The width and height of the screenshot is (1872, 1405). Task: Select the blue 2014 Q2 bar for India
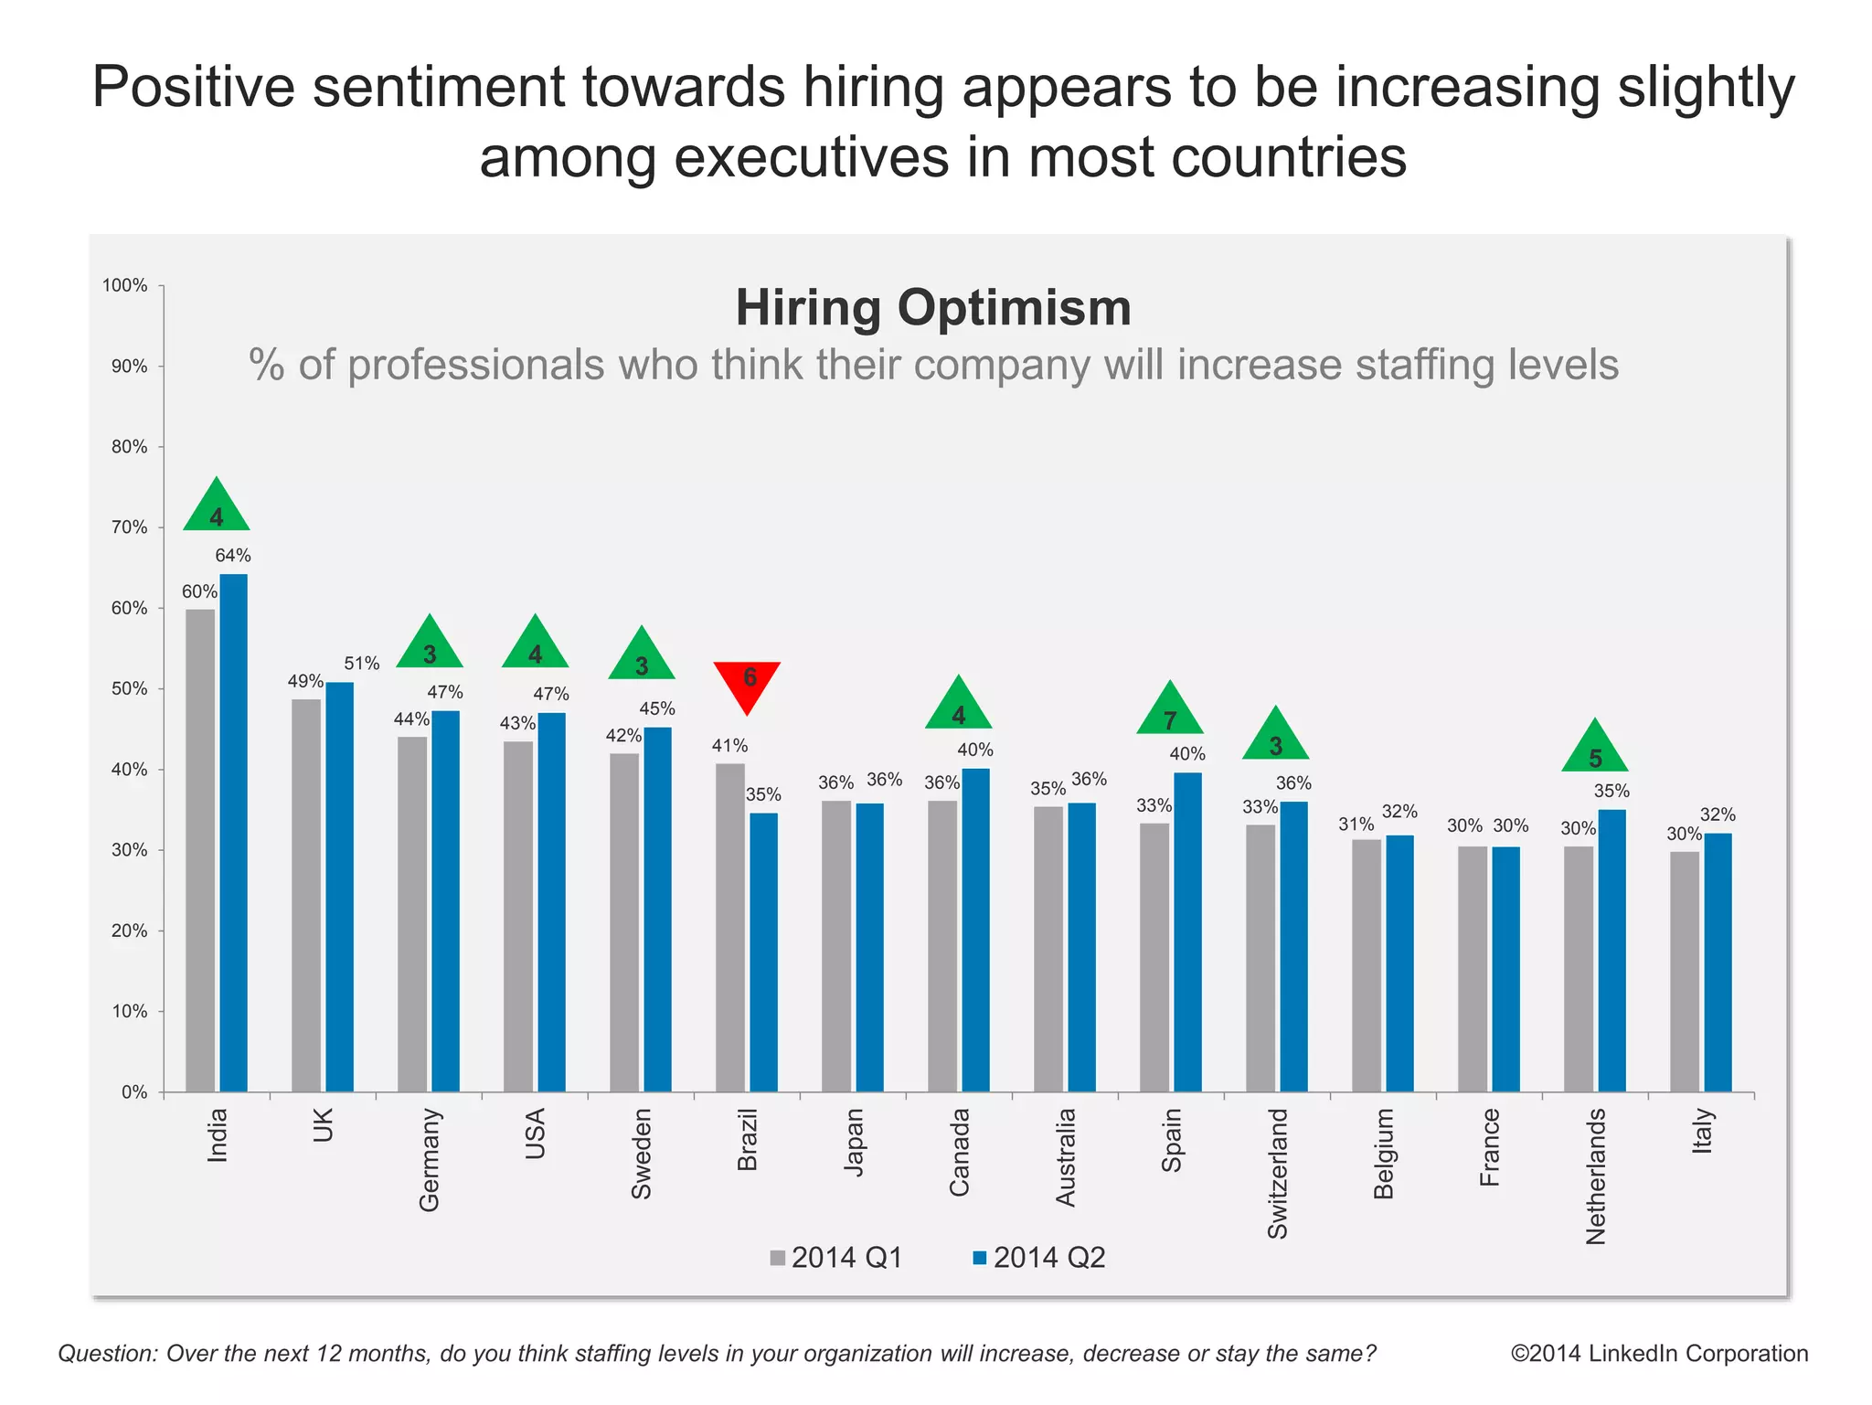233,832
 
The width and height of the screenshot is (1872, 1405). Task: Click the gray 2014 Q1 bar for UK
306,896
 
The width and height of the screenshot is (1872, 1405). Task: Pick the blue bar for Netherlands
1611,951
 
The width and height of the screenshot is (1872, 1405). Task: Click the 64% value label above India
233,556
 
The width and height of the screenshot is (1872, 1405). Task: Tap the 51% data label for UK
362,664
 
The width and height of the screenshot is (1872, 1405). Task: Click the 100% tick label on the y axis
125,285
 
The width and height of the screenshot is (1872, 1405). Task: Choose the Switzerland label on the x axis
1277,1174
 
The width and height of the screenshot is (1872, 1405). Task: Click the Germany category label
430,1160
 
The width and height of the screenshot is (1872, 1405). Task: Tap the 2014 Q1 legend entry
836,1258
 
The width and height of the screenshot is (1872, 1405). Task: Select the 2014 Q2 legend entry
1039,1258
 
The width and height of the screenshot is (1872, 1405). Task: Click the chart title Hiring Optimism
933,308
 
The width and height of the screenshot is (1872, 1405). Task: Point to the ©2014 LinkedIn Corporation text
1659,1353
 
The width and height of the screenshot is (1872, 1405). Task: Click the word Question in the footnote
108,1353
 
